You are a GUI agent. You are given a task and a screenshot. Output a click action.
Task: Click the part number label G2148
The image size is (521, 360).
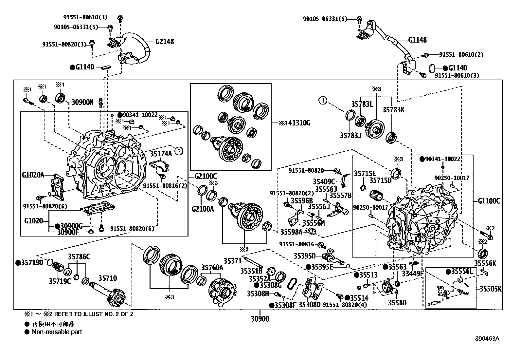165,42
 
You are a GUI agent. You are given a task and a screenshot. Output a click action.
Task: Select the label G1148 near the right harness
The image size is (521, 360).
417,40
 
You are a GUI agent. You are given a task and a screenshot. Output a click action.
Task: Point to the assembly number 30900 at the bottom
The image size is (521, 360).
260,318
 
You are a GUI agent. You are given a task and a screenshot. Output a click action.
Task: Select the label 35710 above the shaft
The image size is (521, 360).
108,278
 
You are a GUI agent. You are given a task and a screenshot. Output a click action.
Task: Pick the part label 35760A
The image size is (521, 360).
212,267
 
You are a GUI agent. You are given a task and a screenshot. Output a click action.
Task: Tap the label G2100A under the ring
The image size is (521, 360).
203,209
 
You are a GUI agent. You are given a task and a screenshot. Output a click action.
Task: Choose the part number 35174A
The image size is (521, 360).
161,153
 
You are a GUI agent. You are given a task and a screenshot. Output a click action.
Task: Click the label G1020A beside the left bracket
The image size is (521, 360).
33,175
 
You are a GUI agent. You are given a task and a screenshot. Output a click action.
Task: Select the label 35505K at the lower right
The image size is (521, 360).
491,289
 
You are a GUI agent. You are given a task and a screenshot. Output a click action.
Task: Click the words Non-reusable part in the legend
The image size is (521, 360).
57,332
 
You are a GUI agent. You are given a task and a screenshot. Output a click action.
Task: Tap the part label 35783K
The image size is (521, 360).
394,110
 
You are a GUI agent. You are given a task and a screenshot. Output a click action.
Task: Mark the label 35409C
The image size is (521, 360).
324,181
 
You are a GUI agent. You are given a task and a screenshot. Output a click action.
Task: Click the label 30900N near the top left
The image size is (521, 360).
82,102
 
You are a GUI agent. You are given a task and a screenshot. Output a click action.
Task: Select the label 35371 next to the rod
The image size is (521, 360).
232,261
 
